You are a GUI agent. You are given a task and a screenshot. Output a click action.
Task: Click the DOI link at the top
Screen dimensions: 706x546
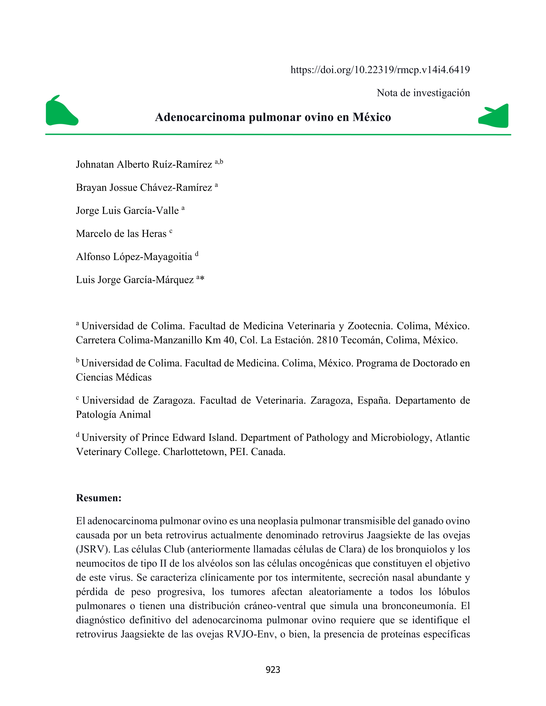380,70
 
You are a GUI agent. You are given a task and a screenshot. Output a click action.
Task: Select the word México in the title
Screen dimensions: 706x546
372,117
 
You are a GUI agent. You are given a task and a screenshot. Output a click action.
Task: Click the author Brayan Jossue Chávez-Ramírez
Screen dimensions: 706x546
144,187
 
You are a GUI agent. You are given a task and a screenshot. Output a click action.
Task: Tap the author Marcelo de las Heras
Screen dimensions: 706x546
121,234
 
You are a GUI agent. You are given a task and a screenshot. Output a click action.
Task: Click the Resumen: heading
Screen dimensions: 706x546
99,498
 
